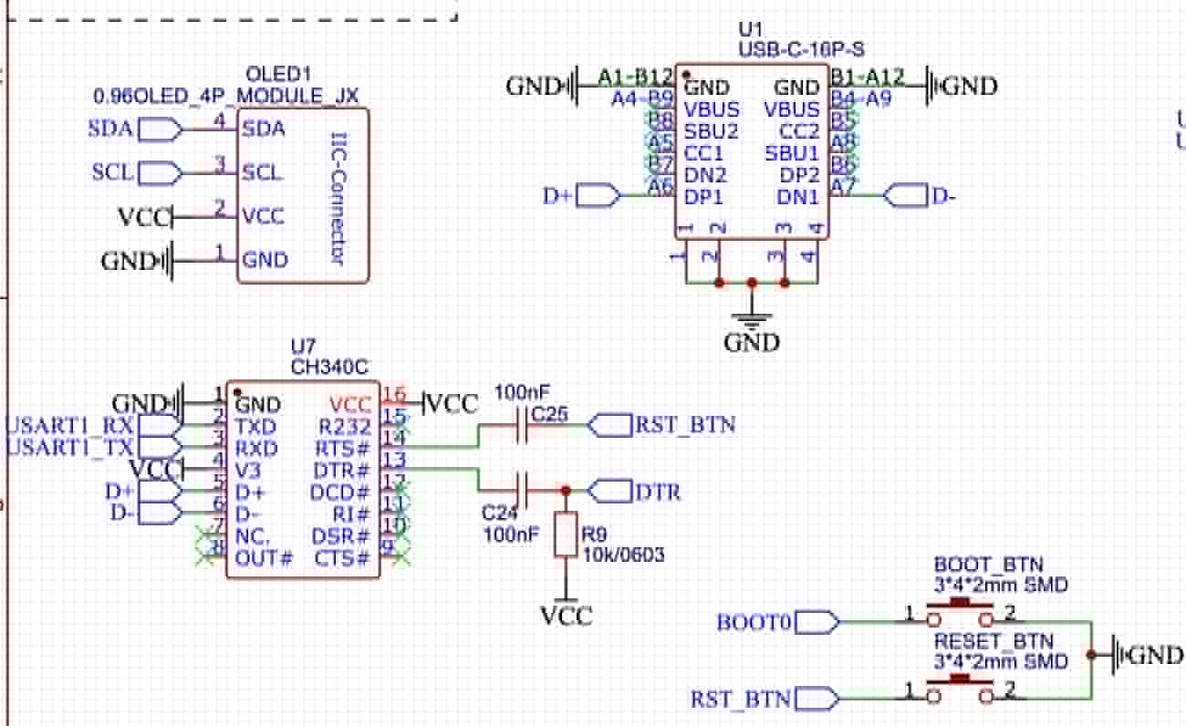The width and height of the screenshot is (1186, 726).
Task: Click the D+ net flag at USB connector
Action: coord(598,195)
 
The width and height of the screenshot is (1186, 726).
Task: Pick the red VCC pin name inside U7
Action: coord(351,404)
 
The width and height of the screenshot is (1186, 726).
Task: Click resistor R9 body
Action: coord(566,534)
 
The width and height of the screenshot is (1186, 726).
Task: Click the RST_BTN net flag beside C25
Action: coord(611,425)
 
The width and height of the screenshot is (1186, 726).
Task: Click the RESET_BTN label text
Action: coord(993,640)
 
